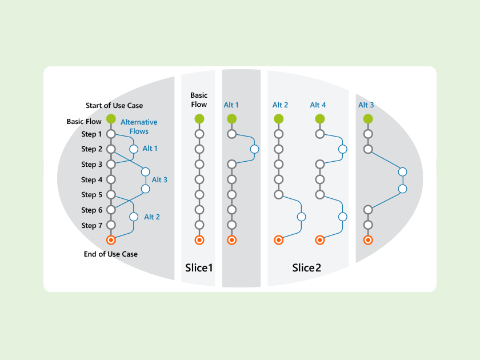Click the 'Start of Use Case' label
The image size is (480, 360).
coord(114,105)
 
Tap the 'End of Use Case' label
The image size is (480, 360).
coord(111,254)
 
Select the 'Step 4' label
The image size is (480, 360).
coord(91,180)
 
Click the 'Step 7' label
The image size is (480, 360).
coord(91,226)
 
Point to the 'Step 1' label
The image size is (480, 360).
coord(91,134)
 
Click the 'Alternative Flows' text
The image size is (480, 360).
coord(139,127)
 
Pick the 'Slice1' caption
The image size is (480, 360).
coord(199,267)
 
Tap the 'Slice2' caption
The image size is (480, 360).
coord(306,267)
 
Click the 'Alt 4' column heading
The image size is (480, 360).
coord(318,105)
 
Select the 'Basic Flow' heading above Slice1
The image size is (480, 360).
coord(199,100)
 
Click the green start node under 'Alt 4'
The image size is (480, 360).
coord(320,119)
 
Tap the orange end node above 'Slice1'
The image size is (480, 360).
coord(199,240)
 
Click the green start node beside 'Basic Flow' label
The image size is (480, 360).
coord(111,119)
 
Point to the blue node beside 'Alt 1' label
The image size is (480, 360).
coord(134,149)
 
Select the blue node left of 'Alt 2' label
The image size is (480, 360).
coord(134,217)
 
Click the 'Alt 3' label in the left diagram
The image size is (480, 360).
coord(159,180)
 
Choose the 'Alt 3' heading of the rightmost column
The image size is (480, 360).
coord(366,105)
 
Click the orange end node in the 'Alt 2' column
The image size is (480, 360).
coord(279,240)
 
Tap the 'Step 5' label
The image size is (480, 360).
coord(91,195)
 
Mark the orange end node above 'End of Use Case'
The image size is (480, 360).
coord(111,240)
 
